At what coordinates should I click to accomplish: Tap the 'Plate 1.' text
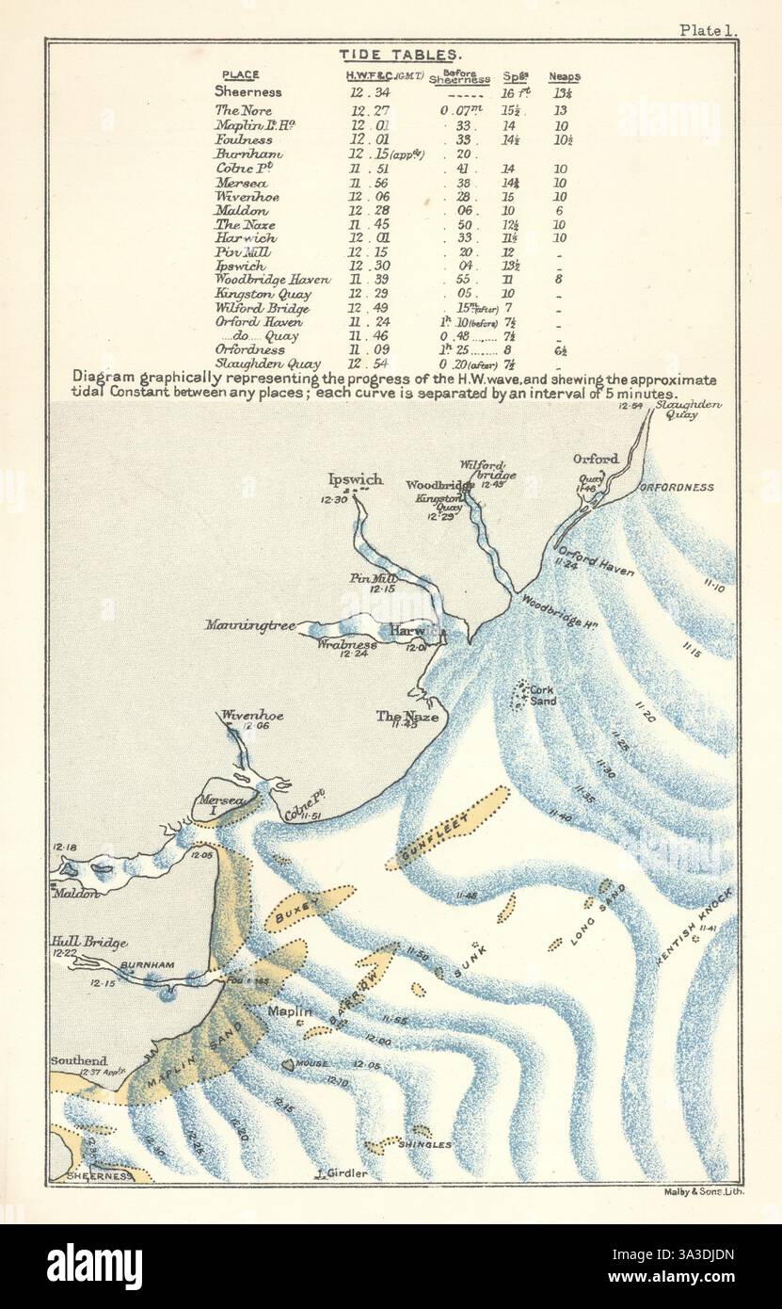[x=710, y=29]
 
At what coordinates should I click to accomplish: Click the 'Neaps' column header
[x=565, y=76]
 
